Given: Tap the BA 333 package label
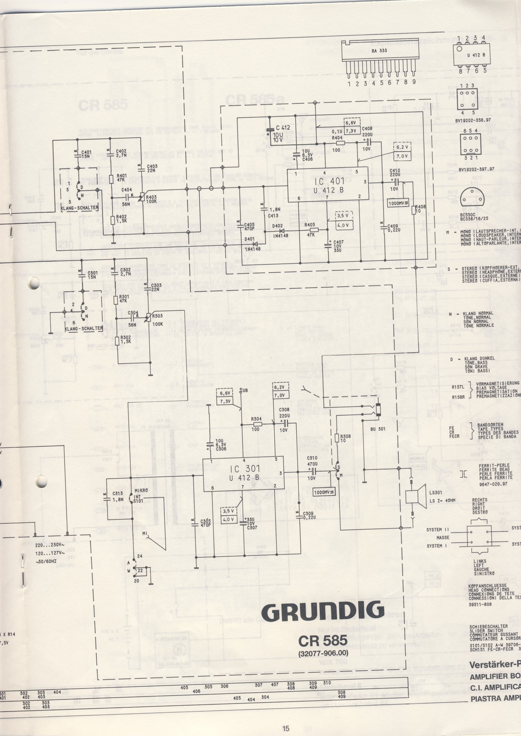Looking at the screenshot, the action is (x=379, y=51).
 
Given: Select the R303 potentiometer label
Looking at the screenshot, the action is (x=158, y=316).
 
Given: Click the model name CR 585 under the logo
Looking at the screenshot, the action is (x=322, y=631).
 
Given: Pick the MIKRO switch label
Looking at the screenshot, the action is (x=141, y=490).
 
